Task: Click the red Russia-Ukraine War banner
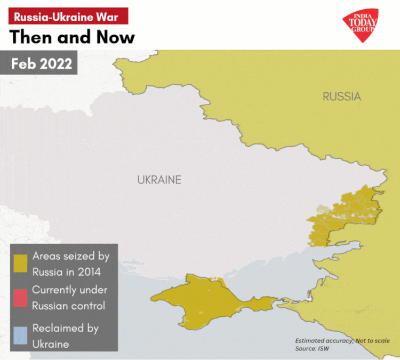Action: (x=68, y=16)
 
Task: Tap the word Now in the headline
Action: (x=114, y=37)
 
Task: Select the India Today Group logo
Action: (x=363, y=24)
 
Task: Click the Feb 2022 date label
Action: (x=42, y=63)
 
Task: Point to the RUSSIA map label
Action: (x=341, y=97)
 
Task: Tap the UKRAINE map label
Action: (x=159, y=180)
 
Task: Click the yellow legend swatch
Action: (x=21, y=264)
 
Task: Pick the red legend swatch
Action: (x=21, y=298)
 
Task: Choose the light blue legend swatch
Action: (x=21, y=336)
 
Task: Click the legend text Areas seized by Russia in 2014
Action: (x=70, y=264)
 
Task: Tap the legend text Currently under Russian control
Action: (x=69, y=298)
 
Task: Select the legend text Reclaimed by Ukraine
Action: (x=65, y=336)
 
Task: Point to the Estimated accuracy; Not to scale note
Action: (x=342, y=341)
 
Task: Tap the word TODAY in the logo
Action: (x=363, y=23)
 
